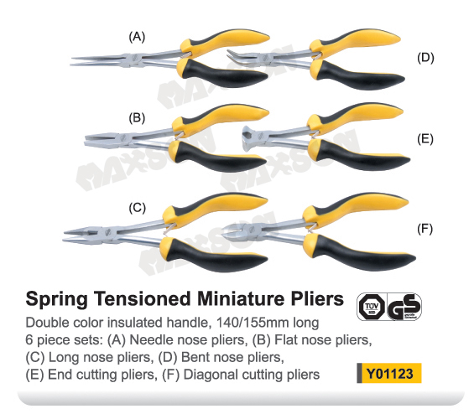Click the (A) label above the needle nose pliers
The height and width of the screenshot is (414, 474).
coord(137,37)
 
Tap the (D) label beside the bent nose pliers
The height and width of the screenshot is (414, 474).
coord(425,57)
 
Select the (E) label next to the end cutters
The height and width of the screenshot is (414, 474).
coord(425,139)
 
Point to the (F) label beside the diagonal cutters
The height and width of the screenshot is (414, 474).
coord(425,229)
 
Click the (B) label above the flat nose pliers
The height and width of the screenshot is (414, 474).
coord(137,118)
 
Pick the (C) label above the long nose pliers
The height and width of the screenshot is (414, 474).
coord(138,208)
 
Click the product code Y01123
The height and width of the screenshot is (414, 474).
coord(389,374)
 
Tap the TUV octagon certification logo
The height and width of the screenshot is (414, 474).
coord(372,307)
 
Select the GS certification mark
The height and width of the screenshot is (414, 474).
coord(404,307)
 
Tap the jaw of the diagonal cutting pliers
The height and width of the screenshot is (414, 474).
coord(234,231)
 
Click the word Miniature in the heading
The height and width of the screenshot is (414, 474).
coord(241,298)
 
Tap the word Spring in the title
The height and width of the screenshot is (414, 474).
coord(57,299)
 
